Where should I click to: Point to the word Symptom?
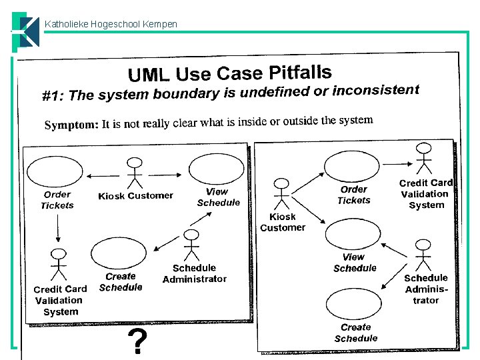pos(71,125)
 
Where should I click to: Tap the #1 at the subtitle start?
pos(53,97)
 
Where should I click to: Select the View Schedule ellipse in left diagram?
pos(211,169)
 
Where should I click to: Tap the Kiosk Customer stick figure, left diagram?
pos(135,173)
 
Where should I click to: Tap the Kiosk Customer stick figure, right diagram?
pos(282,193)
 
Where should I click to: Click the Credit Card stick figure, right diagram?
pos(423,161)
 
